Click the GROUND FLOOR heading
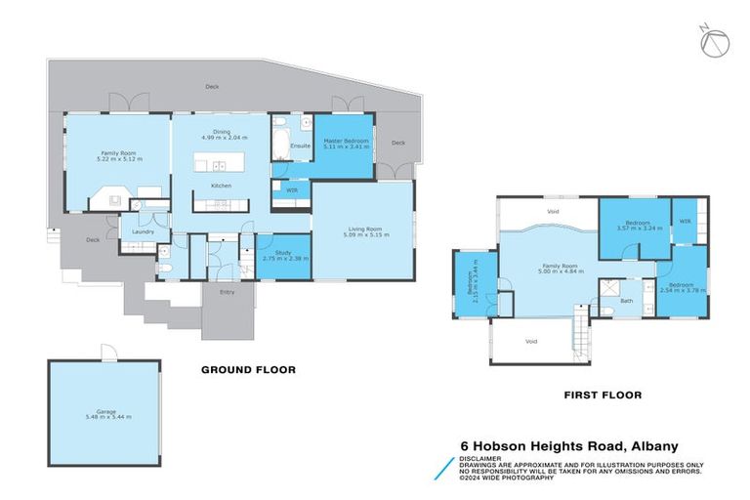[247, 370]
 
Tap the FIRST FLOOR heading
[602, 396]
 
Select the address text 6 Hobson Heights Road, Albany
[569, 445]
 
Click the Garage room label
[105, 413]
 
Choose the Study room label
[278, 254]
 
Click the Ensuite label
[300, 146]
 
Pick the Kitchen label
[221, 186]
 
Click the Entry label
[228, 291]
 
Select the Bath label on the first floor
[626, 301]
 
